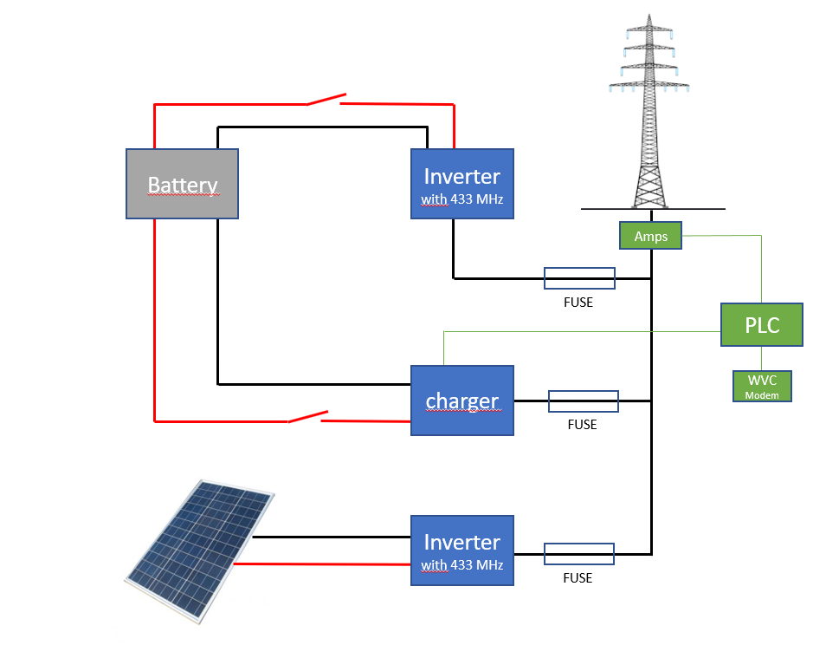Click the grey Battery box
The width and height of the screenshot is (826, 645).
pyautogui.click(x=182, y=184)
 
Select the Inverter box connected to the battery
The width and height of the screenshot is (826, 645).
pyautogui.click(x=461, y=184)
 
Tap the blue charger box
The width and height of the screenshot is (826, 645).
pyautogui.click(x=461, y=401)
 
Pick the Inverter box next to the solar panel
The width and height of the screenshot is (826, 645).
pyautogui.click(x=461, y=551)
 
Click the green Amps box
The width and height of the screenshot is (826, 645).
pyautogui.click(x=650, y=236)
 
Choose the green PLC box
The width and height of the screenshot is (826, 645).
pyautogui.click(x=762, y=325)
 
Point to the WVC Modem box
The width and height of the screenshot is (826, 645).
pyautogui.click(x=762, y=387)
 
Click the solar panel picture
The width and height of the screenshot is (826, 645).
pyautogui.click(x=199, y=551)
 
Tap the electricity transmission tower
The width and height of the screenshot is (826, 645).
pyautogui.click(x=649, y=113)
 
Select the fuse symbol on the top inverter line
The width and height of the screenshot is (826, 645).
pyautogui.click(x=579, y=278)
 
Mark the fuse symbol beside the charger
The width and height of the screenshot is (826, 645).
pyautogui.click(x=584, y=401)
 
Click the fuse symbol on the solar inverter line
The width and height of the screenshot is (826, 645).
pyautogui.click(x=578, y=553)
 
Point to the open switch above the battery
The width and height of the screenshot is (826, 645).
pyautogui.click(x=326, y=100)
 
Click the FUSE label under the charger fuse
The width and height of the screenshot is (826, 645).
pyautogui.click(x=583, y=425)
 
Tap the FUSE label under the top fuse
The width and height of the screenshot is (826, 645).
pyautogui.click(x=578, y=303)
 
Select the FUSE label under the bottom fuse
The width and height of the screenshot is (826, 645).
pyautogui.click(x=578, y=577)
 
